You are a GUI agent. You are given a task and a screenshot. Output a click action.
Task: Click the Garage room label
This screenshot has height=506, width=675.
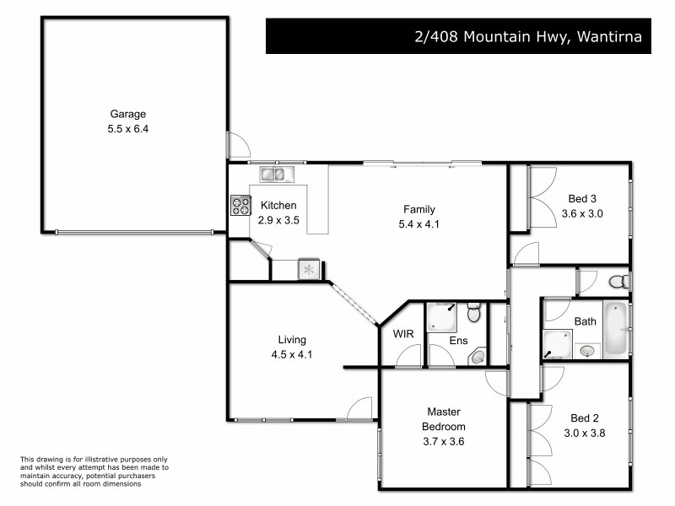128,114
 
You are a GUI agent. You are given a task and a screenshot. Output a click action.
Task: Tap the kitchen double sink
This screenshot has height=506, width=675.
273,175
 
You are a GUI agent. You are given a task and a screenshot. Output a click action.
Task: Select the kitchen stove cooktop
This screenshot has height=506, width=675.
241,204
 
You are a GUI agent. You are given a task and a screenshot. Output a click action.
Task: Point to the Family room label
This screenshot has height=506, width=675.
418,209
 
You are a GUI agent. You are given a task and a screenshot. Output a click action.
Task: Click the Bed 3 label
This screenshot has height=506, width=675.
582,199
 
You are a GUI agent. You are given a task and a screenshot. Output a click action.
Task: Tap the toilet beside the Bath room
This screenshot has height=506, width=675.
618,280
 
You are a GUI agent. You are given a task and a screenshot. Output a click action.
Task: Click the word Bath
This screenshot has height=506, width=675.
585,321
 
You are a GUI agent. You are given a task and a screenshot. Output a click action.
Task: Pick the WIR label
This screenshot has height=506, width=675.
403,334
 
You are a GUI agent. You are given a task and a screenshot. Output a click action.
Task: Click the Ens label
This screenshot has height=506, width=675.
458,341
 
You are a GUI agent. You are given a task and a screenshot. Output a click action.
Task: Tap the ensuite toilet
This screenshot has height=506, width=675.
474,313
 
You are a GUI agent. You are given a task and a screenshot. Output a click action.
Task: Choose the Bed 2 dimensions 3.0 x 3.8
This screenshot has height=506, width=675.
588,433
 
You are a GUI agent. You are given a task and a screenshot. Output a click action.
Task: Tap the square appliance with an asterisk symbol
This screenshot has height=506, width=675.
309,270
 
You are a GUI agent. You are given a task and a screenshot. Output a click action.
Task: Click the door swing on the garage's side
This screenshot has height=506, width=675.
238,145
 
